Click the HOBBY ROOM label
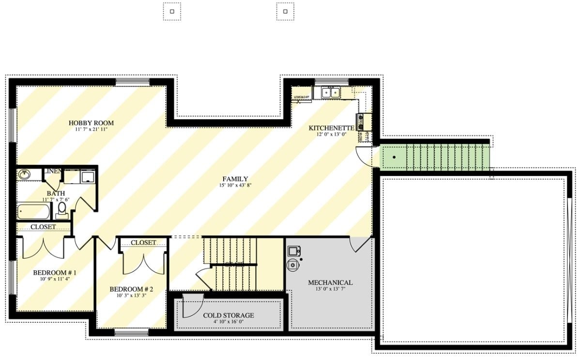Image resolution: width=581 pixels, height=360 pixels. pos(91,123)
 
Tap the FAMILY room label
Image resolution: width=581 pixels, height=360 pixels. pos(235,179)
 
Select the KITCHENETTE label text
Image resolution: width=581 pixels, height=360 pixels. pos(332,128)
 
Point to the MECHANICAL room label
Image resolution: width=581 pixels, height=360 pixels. pos(330,282)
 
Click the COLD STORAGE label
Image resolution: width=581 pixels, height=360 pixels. pos(228,315)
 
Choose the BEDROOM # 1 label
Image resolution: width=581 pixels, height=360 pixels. pos(55,273)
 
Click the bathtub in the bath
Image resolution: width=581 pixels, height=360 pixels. pos(34,212)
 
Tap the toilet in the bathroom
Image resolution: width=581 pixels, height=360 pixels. pos(61,210)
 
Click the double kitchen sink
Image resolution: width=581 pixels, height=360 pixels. pos(331,92)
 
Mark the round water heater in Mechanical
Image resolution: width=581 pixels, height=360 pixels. pos(292,265)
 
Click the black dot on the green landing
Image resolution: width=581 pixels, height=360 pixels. pos(395,157)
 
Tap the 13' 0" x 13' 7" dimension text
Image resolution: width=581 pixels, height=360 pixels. pos(330,289)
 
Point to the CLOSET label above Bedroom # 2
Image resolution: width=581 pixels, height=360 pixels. pos(143,242)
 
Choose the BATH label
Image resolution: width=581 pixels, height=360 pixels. pos(56,193)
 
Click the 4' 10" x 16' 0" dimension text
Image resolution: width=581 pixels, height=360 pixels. pos(228,322)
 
